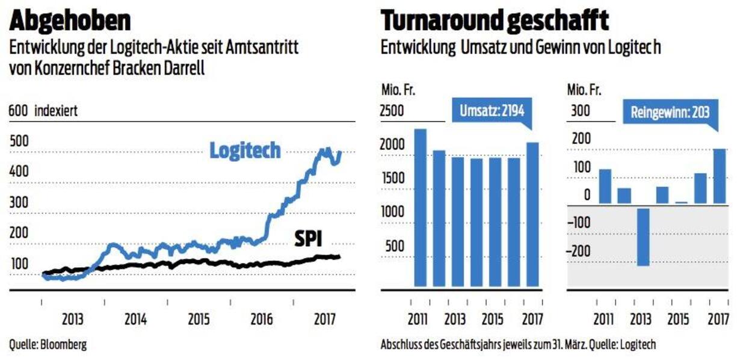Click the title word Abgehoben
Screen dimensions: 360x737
pyautogui.click(x=70, y=20)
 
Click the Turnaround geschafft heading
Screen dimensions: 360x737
pyautogui.click(x=495, y=20)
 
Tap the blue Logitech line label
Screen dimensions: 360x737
pyautogui.click(x=245, y=151)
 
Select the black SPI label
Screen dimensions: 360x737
pyautogui.click(x=308, y=240)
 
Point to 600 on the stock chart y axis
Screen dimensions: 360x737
pyautogui.click(x=18, y=111)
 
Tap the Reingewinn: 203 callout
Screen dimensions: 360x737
pyautogui.click(x=670, y=113)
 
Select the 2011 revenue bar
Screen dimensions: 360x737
pyautogui.click(x=420, y=208)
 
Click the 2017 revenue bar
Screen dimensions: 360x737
pyautogui.click(x=532, y=214)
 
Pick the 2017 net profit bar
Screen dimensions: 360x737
pyautogui.click(x=720, y=176)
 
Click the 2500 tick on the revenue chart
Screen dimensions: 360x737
pyautogui.click(x=392, y=111)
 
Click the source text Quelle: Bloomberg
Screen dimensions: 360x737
pyautogui.click(x=48, y=345)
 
